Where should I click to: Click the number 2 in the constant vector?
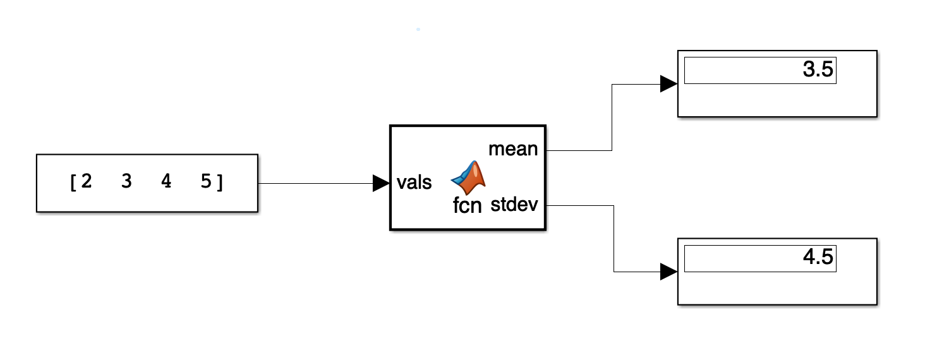(87, 182)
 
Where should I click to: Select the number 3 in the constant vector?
(126, 182)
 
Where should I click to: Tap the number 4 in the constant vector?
(166, 182)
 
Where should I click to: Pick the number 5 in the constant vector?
(206, 182)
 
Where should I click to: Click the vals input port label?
(414, 183)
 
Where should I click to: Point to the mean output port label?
(513, 150)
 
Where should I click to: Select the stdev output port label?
(514, 205)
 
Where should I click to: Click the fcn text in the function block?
(468, 205)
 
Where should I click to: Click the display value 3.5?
(818, 70)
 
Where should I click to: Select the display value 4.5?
(818, 258)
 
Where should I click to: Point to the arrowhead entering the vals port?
(381, 183)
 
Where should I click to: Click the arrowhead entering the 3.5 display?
(668, 83)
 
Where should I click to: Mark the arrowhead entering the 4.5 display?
(668, 272)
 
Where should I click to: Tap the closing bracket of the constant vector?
(220, 183)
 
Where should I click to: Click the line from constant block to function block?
(316, 183)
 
